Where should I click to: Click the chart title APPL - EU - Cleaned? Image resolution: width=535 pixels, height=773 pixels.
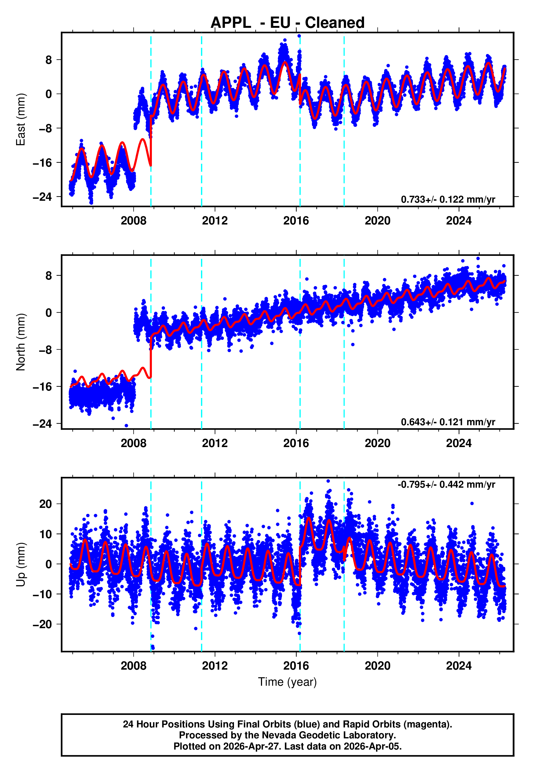[x=287, y=23]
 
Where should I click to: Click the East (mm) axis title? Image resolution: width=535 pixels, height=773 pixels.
[x=21, y=119]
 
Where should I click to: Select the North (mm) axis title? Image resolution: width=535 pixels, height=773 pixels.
[x=21, y=342]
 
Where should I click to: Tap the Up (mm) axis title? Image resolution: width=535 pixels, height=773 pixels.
[x=21, y=565]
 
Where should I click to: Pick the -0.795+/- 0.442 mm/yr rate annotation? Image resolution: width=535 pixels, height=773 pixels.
[x=446, y=484]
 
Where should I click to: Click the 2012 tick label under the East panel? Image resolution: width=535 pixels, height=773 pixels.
[x=215, y=221]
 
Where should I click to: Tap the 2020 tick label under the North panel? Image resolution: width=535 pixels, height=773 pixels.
[x=377, y=443]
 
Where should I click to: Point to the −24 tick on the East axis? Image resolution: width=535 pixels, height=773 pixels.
[x=42, y=197]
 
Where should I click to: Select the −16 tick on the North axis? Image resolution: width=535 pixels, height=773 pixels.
[x=42, y=387]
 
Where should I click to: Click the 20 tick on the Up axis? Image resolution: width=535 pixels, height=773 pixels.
[x=46, y=504]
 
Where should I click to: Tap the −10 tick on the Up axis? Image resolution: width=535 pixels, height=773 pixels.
[x=42, y=594]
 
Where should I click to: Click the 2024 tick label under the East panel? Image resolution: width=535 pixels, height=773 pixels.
[x=459, y=221]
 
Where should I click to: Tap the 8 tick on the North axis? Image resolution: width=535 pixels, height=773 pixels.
[x=49, y=275]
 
